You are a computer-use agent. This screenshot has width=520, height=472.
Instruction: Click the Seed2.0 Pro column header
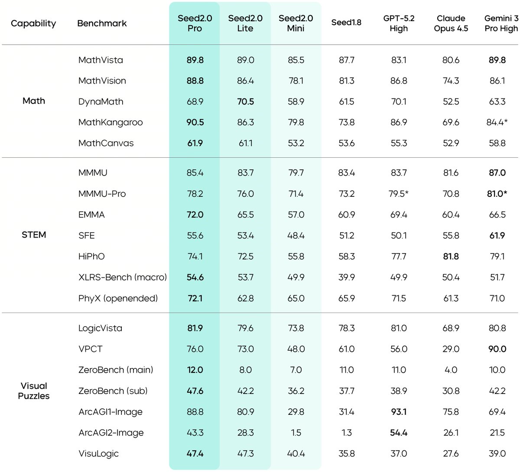(195, 23)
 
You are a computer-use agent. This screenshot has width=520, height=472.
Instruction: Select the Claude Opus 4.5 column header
(451, 23)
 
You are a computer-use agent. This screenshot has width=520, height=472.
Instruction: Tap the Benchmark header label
(102, 23)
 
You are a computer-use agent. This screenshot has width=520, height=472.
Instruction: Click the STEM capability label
(34, 235)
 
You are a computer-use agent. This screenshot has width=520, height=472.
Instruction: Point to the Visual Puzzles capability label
(34, 391)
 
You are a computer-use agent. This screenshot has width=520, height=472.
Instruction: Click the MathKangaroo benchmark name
(110, 122)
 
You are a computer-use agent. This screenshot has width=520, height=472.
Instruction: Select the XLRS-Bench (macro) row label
(123, 277)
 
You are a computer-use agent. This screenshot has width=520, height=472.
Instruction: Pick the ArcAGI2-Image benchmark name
(111, 433)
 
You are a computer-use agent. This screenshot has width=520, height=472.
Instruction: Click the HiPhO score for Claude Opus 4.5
(451, 256)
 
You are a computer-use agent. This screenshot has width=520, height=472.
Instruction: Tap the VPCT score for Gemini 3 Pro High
(497, 349)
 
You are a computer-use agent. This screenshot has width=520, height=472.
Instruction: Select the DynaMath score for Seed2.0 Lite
(245, 101)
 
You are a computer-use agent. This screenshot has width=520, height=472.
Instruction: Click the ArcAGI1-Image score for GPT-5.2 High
(399, 412)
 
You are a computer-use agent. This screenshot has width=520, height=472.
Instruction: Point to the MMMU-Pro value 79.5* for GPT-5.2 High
(398, 193)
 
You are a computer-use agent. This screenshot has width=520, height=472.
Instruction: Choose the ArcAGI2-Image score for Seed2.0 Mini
(296, 433)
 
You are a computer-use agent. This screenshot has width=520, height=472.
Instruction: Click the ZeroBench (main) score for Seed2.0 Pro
(195, 370)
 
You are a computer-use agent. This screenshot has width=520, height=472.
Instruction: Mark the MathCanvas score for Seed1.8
(346, 143)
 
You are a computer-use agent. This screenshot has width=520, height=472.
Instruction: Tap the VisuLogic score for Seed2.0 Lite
(245, 453)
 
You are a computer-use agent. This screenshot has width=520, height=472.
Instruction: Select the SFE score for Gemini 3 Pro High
(497, 235)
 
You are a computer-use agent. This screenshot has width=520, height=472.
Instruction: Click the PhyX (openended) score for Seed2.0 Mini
(296, 298)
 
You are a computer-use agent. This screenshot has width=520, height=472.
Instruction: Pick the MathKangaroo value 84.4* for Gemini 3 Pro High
(497, 122)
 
